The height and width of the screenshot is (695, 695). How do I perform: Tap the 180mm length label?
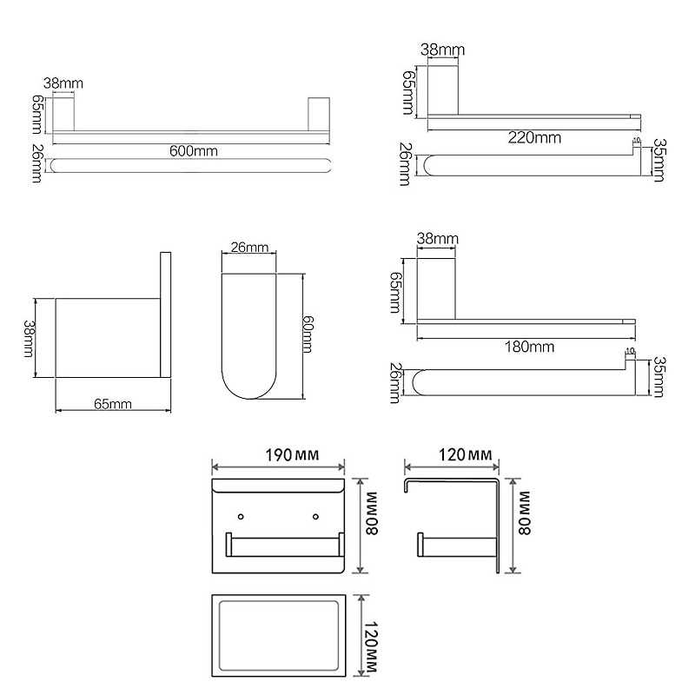(529, 347)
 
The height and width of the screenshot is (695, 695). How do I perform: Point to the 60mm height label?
(307, 333)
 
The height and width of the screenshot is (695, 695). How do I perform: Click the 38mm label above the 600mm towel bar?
(63, 84)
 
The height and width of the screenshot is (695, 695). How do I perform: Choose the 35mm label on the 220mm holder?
(659, 161)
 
